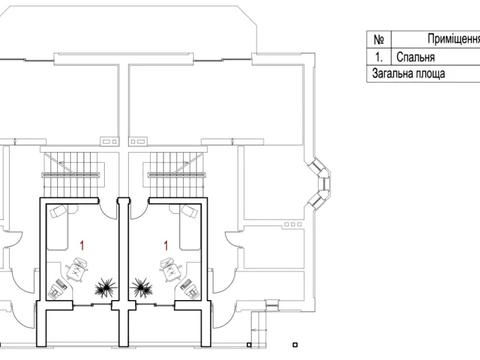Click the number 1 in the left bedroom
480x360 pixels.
[x=82, y=246]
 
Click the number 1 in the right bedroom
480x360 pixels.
[x=166, y=246]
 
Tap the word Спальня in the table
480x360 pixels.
[x=415, y=57]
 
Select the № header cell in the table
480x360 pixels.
[x=379, y=39]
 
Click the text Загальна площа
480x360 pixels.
[x=408, y=73]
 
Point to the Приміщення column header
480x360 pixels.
[x=454, y=39]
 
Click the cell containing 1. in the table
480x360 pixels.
[x=379, y=57]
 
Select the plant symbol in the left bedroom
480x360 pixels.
[x=105, y=288]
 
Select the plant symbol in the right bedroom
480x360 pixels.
[x=142, y=288]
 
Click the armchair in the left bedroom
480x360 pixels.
[x=78, y=269]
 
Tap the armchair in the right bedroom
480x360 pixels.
[x=170, y=269]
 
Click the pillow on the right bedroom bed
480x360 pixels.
[x=190, y=212]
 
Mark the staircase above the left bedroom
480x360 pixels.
[x=72, y=174]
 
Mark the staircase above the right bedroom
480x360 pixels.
[x=175, y=174]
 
